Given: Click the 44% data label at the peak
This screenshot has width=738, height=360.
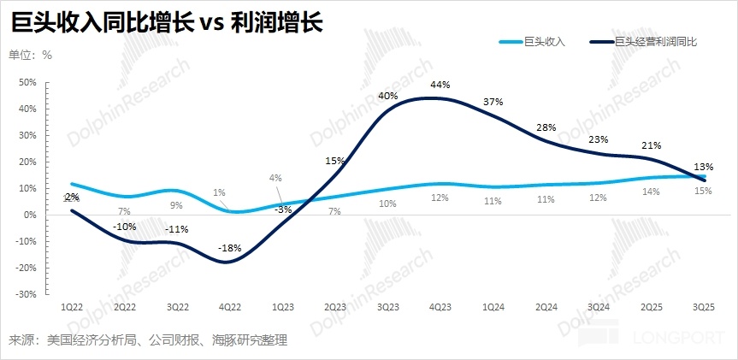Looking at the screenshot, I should click(x=440, y=85).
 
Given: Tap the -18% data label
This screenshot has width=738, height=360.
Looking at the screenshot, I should click(x=230, y=248).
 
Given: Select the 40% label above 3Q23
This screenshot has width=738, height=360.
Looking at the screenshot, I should click(x=387, y=96).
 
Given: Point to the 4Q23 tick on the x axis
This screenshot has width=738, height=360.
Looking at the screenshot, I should click(x=440, y=305).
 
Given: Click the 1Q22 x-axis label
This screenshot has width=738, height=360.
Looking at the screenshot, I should click(x=72, y=305).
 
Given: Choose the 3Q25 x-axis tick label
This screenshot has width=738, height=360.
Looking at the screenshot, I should click(x=703, y=305).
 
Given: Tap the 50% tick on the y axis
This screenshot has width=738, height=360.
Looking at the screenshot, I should click(x=27, y=83).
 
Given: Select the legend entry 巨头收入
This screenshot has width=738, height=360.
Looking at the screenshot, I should click(x=545, y=40).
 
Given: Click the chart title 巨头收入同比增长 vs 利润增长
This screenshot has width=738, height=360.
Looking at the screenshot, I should click(x=167, y=22).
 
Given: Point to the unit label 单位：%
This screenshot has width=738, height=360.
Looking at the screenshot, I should click(x=31, y=56).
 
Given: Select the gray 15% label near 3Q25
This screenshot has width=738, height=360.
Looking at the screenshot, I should click(x=703, y=191).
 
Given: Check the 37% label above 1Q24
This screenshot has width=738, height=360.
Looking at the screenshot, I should click(x=493, y=102).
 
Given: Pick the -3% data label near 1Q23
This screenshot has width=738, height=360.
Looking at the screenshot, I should click(x=283, y=210).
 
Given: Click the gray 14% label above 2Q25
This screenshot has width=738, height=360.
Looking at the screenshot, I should click(x=651, y=192).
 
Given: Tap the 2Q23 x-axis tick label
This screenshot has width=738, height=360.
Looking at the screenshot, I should click(x=335, y=305).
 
